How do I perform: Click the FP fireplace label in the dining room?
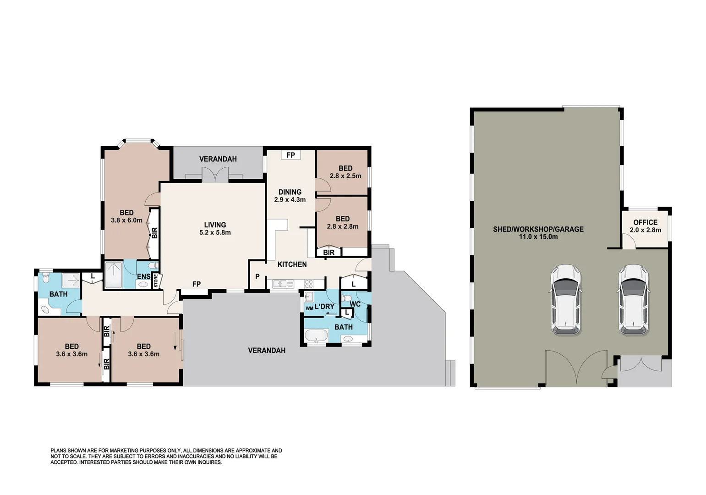click(x=290, y=155)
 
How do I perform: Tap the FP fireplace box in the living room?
click(x=196, y=285)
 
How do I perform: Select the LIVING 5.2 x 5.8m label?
click(x=215, y=228)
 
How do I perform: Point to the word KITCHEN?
click(x=292, y=264)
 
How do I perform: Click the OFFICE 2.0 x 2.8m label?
click(x=645, y=226)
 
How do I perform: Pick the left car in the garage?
click(x=565, y=300)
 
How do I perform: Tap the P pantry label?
click(x=257, y=276)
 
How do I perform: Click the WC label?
click(x=355, y=304)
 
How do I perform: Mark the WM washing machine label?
click(x=309, y=308)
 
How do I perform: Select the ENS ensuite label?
click(x=143, y=276)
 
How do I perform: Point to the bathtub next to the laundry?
click(x=316, y=336)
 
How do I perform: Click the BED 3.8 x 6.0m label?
click(x=126, y=216)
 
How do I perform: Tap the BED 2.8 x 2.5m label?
click(x=345, y=172)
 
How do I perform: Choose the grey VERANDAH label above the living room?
click(x=218, y=159)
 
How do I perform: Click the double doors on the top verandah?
click(x=215, y=175)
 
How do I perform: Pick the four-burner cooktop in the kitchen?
click(x=308, y=284)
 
